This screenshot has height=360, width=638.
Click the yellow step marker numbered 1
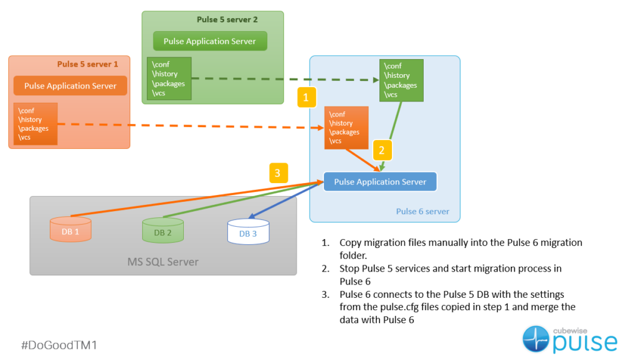click(307, 97)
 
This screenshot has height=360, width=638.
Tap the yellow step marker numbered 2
click(383, 149)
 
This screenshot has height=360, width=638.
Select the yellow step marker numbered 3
click(279, 173)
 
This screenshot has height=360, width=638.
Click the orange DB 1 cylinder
click(70, 229)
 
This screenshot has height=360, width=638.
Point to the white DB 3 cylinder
click(248, 230)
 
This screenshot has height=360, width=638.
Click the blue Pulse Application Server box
click(380, 182)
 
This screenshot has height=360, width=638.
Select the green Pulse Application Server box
click(210, 41)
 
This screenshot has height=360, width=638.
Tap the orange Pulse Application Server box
click(70, 85)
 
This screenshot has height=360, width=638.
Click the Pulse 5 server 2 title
click(227, 20)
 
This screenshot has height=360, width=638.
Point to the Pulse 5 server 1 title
click(88, 64)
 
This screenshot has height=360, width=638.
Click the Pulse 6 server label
click(422, 212)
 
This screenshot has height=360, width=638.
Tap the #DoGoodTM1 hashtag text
click(59, 344)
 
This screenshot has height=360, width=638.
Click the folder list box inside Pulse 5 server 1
click(36, 124)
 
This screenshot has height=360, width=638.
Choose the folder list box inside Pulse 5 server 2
click(169, 78)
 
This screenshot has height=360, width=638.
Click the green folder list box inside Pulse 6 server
click(401, 80)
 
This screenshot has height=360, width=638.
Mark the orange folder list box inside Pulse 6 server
click(346, 128)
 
